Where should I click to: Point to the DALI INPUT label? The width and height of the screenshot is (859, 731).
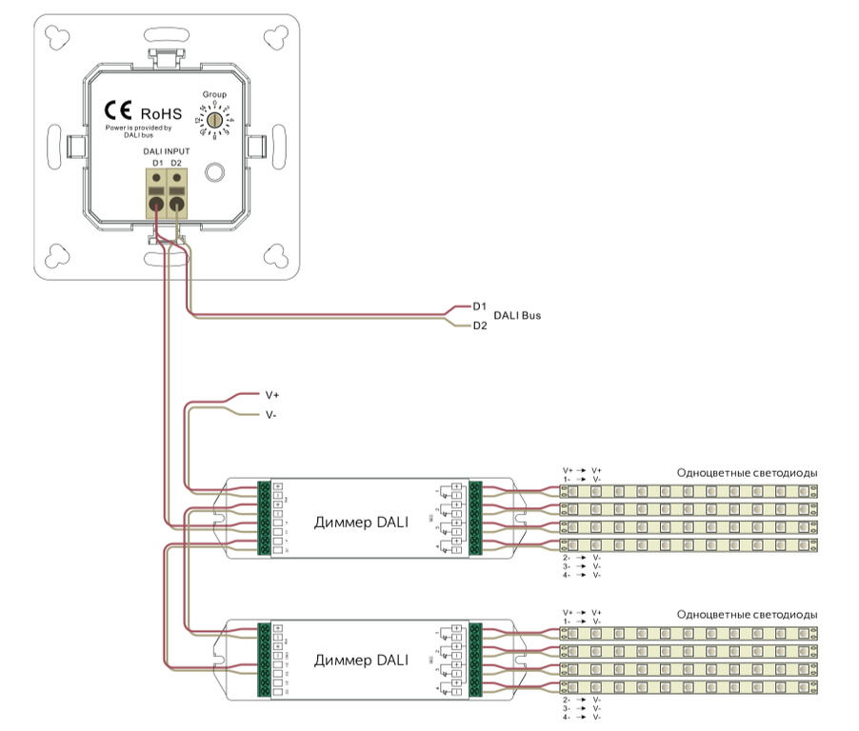(166, 152)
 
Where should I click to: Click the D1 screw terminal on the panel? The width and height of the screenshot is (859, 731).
(154, 190)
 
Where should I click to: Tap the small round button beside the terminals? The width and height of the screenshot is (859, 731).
(215, 173)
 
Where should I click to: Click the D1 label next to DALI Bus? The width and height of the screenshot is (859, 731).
(480, 306)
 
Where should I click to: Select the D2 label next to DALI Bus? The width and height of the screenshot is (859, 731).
(480, 326)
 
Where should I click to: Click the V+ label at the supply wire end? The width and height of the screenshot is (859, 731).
(271, 393)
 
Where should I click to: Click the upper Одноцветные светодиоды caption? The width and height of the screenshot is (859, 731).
(747, 473)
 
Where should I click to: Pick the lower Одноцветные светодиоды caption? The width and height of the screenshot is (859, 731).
(747, 614)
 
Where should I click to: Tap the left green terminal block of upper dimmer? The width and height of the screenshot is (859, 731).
(264, 518)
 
